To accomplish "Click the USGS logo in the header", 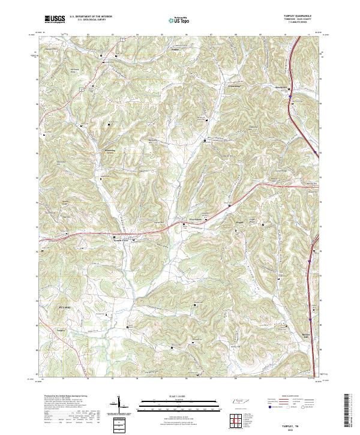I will coord(55,19).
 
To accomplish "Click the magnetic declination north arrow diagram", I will coord(118,405).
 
